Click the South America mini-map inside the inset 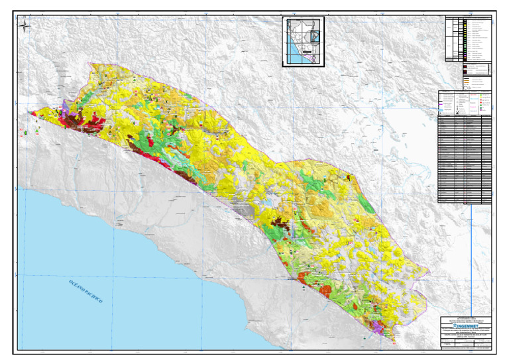315,32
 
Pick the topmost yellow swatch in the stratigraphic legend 467,21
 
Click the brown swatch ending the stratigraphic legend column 467,60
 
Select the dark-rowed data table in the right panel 465,159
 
